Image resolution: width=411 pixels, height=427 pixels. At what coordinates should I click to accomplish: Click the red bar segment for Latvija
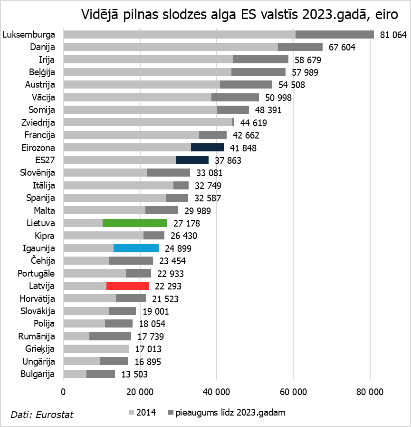pos(127,286)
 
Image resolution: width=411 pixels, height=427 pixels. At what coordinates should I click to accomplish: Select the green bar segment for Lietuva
pos(135,223)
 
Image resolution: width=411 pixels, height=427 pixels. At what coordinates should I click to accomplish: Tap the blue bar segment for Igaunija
pos(136,248)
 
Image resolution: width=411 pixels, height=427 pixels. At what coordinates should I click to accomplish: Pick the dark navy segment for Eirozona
pos(207,148)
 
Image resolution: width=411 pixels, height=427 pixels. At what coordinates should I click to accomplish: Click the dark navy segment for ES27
pos(192,160)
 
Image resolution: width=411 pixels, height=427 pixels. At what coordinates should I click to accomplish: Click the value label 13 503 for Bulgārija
pos(134,374)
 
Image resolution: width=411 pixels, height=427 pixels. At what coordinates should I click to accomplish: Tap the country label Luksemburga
pos(29,35)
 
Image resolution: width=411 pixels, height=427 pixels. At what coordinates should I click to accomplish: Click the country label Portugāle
pos(36,273)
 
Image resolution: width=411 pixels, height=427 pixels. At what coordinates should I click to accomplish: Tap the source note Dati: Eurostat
pos(42,415)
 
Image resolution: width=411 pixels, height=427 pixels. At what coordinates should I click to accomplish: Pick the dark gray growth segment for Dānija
pos(300,47)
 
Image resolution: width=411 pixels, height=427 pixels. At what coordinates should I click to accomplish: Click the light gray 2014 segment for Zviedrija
pos(147,122)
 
